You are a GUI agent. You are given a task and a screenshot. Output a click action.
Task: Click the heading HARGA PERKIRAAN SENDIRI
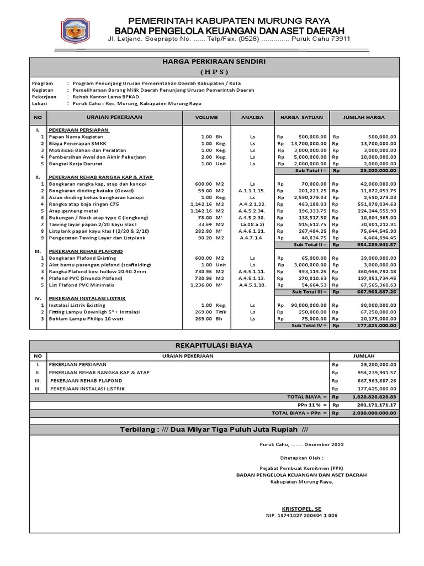click(213, 62)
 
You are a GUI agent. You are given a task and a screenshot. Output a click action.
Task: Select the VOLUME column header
click(206, 118)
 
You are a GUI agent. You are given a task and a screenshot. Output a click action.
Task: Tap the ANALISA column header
click(252, 118)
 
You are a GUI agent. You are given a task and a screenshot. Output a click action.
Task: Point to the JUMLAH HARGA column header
click(364, 118)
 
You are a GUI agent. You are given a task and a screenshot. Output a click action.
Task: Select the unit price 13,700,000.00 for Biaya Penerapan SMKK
click(305, 143)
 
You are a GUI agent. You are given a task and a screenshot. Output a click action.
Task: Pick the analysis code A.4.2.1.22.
click(252, 204)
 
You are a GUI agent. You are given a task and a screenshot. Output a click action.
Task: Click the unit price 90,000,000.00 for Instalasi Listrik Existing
click(305, 305)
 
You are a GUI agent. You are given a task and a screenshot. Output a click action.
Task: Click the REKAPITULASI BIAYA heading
click(213, 345)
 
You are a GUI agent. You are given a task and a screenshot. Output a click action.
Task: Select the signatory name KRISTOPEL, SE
click(301, 508)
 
